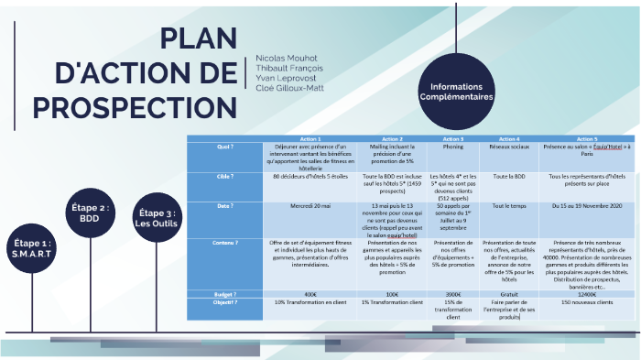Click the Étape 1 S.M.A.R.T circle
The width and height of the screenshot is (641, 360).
coord(33,247)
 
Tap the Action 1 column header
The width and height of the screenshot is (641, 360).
coord(310,137)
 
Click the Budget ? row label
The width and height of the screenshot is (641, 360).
coord(225,294)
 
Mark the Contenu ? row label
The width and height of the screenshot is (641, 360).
coord(225,243)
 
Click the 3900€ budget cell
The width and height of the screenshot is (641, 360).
coord(452,294)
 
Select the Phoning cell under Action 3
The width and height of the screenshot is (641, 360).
coord(452,146)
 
